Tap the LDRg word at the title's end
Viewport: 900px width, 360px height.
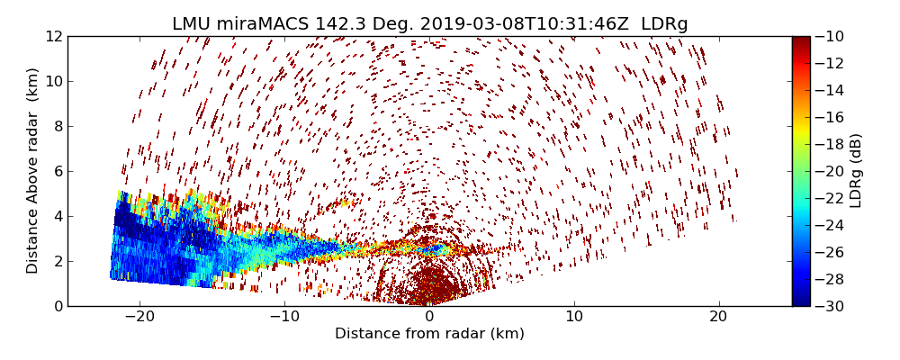click(664, 24)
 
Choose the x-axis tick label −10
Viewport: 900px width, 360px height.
click(284, 317)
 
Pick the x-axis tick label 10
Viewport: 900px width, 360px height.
click(574, 317)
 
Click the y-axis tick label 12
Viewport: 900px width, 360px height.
click(53, 37)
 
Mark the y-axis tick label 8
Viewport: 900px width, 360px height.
click(57, 127)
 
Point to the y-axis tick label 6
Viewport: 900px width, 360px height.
click(57, 172)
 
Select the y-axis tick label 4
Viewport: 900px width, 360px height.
click(57, 216)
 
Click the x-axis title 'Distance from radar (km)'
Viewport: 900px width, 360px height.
click(429, 334)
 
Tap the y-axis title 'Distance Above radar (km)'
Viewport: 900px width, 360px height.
click(32, 171)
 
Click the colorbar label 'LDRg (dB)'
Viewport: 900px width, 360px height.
click(856, 171)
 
